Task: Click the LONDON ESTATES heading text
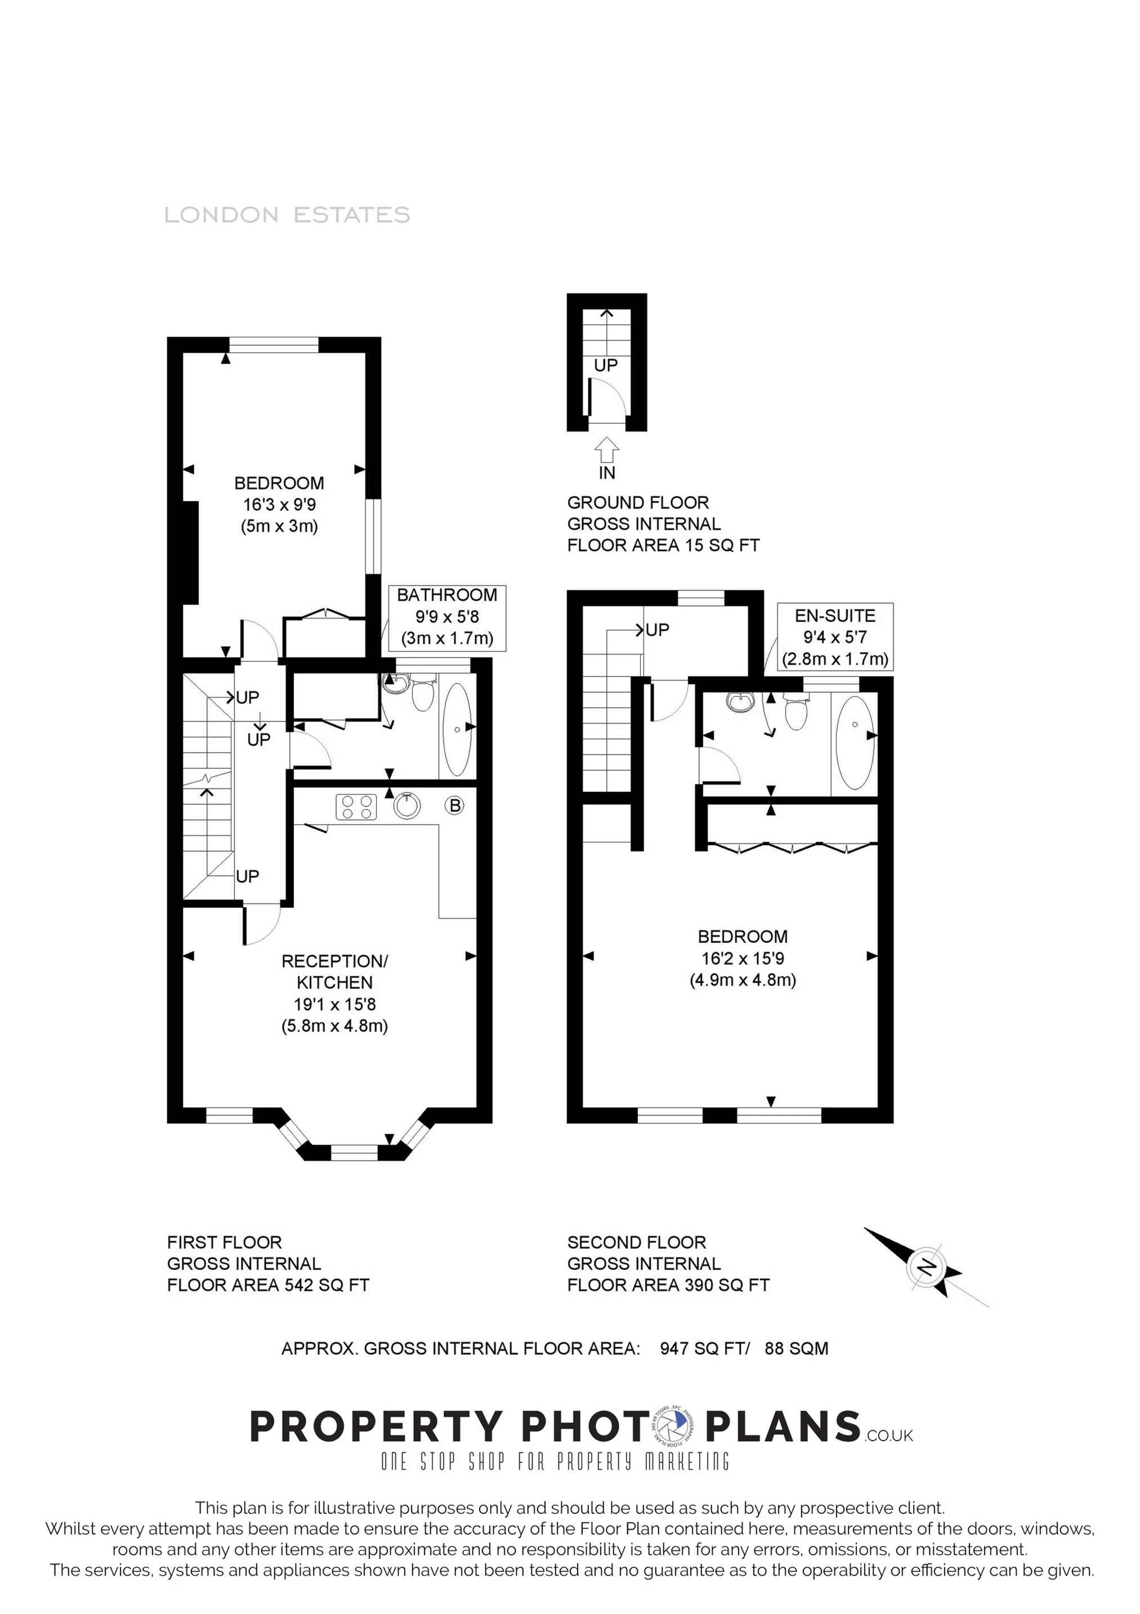(287, 215)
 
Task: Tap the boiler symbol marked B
(455, 806)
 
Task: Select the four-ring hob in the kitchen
(356, 806)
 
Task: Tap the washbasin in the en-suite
(741, 702)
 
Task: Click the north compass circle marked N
(928, 1268)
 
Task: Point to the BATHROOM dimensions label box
(447, 617)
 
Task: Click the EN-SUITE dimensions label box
(834, 637)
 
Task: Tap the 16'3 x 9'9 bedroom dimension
(279, 504)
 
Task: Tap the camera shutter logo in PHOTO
(672, 1427)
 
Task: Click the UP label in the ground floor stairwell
(605, 365)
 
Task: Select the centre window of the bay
(354, 1152)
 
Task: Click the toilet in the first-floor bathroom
(423, 696)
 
